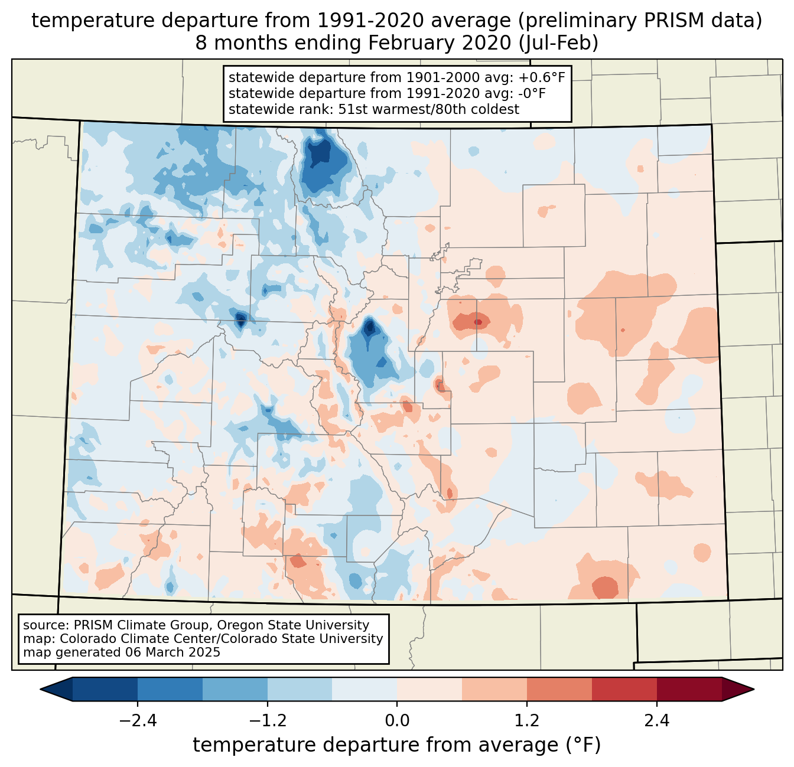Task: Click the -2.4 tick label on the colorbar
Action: (x=137, y=721)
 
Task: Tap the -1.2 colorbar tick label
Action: (x=267, y=721)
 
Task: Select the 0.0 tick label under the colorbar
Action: (x=397, y=721)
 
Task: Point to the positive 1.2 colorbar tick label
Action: (x=527, y=721)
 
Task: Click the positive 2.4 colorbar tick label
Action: (x=657, y=721)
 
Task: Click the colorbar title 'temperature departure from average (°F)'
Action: (x=397, y=745)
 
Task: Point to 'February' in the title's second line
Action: (x=410, y=43)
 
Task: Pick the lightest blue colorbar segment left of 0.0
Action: (x=365, y=689)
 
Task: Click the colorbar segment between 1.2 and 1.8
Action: (x=559, y=689)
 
